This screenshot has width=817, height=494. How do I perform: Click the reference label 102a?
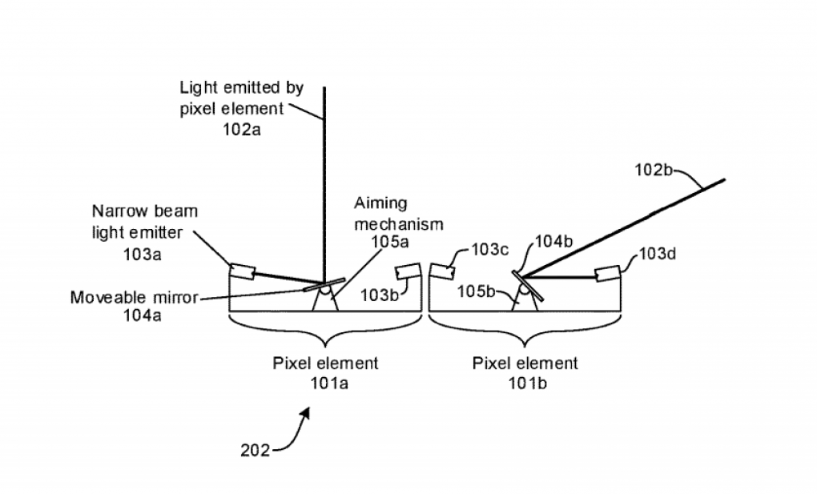242,129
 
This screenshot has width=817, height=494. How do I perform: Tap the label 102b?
654,170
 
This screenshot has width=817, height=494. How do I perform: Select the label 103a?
142,255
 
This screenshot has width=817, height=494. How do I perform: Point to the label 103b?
380,295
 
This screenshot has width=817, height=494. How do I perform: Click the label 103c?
489,250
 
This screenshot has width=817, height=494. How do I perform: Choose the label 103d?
658,254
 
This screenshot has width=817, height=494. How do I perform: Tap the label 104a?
142,315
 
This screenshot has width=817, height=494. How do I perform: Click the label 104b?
553,241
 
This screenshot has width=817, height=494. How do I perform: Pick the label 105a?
390,242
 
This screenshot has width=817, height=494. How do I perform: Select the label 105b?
477,291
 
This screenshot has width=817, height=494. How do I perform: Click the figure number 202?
256,450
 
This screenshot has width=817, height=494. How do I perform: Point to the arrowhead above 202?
305,413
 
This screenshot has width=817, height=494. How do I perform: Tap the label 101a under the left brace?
329,384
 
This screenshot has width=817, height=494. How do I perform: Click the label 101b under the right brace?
527,384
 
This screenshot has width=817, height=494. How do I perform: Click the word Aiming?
381,203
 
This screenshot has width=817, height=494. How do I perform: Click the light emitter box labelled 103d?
608,274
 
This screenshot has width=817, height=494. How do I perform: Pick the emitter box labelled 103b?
408,271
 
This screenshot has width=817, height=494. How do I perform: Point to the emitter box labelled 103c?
442,271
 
